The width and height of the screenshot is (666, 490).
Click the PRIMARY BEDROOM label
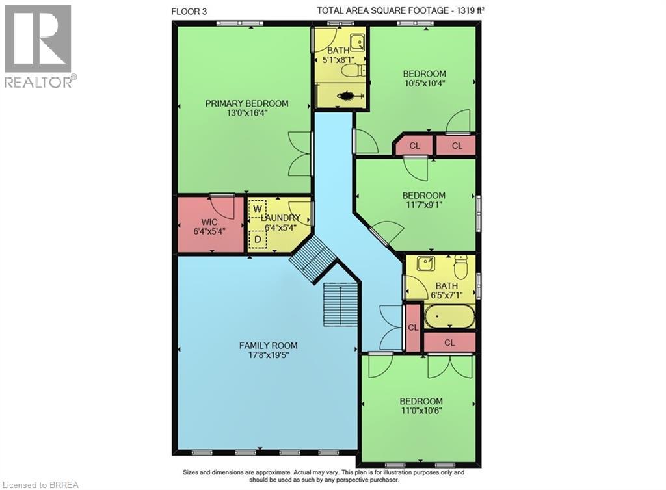(246, 103)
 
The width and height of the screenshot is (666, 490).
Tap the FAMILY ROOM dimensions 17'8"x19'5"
(267, 356)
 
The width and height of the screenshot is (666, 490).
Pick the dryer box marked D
(258, 240)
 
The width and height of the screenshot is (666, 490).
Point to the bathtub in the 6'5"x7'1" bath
(449, 318)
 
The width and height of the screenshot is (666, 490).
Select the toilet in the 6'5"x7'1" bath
(461, 266)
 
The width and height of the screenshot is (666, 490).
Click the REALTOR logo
(38, 46)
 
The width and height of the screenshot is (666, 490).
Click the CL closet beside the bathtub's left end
(413, 328)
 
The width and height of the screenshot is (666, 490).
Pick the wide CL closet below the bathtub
(449, 342)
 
